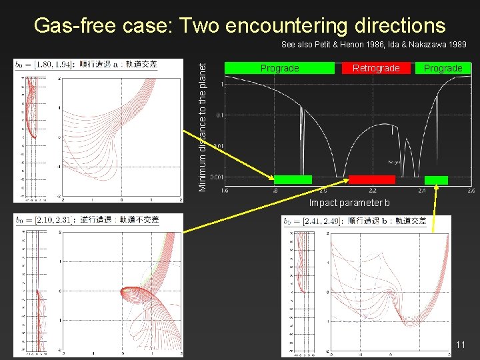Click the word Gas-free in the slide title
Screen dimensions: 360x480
75,25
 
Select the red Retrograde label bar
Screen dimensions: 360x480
376,68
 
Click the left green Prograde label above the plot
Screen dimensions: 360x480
279,68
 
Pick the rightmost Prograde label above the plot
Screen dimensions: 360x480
443,68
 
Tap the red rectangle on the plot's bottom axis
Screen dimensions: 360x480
372,179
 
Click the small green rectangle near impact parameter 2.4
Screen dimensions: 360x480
436,180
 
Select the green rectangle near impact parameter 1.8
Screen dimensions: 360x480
293,179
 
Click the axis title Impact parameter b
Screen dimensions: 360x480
349,203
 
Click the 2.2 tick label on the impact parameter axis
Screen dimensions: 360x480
373,191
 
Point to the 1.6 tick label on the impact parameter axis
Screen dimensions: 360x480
224,191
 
